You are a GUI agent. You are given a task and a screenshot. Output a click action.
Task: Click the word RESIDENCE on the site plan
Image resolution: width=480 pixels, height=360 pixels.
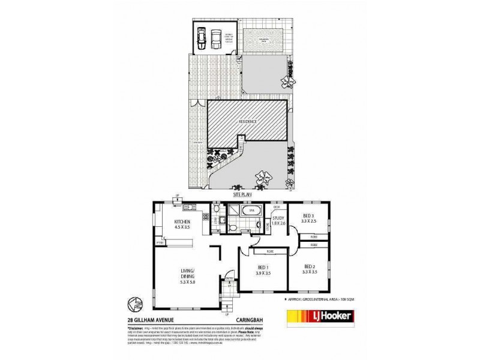coord(247,122)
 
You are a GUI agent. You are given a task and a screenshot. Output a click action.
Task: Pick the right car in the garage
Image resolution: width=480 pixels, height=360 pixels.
coord(215,39)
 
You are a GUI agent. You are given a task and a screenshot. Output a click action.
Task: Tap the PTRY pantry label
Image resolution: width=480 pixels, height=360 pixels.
coord(160,242)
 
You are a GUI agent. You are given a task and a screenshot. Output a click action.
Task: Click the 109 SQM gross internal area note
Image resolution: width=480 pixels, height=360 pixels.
coord(334,298)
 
